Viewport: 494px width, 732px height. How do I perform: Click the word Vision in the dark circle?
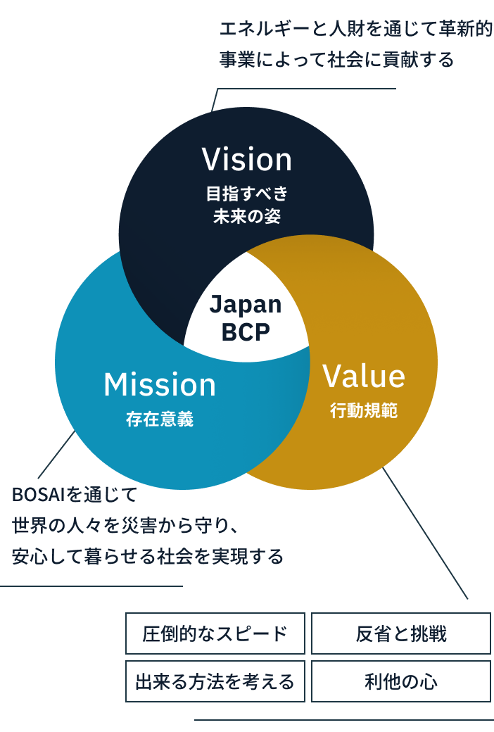(x=246, y=160)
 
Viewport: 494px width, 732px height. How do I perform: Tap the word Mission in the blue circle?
(x=160, y=385)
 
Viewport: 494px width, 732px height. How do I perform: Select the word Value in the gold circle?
(x=364, y=377)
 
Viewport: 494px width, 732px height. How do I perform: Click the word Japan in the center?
(x=246, y=305)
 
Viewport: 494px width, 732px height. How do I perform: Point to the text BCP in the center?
(x=246, y=330)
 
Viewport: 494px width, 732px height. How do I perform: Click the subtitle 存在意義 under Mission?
(x=160, y=420)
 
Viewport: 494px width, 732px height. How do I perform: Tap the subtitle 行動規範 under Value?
(x=364, y=411)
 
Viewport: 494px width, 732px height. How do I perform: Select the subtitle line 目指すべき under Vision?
(x=246, y=193)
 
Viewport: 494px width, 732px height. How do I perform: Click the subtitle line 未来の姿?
(x=246, y=216)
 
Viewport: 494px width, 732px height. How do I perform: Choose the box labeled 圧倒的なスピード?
(x=215, y=633)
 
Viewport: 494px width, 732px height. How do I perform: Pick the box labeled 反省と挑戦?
(x=401, y=633)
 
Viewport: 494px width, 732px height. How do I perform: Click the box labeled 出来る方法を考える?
(x=215, y=681)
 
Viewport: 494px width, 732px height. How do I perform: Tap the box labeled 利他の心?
(x=401, y=681)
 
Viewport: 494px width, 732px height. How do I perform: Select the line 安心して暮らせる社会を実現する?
(x=148, y=557)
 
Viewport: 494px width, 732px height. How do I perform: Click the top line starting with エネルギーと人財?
(x=355, y=30)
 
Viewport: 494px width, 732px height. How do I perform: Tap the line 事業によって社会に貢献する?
(x=336, y=61)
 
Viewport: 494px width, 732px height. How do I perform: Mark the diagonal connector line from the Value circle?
(x=426, y=534)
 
